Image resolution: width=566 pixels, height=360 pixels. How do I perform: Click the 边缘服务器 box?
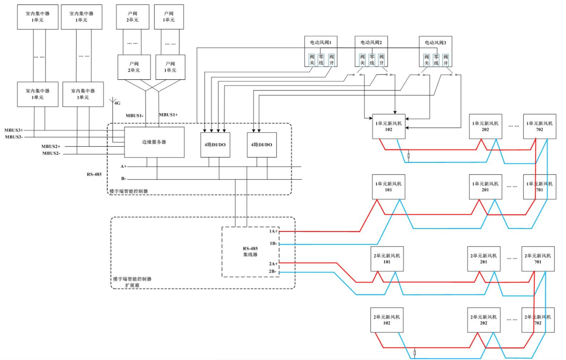click(x=154, y=142)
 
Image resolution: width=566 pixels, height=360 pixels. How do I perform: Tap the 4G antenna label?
click(x=118, y=103)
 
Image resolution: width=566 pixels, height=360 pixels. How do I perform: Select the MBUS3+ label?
click(x=14, y=130)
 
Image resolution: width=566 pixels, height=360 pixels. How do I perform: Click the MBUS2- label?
click(x=51, y=153)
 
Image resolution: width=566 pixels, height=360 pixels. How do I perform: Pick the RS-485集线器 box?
click(x=250, y=252)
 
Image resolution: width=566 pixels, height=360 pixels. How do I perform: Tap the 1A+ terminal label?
click(x=273, y=231)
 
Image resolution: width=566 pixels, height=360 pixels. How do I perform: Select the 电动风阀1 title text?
click(x=321, y=42)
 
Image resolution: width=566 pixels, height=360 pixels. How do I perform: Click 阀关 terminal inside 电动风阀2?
click(x=363, y=60)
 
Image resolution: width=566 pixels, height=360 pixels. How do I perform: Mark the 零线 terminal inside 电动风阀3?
click(x=436, y=60)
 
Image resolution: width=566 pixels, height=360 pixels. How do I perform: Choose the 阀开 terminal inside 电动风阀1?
click(x=331, y=60)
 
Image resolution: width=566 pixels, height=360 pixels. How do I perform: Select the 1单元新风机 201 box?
click(x=485, y=187)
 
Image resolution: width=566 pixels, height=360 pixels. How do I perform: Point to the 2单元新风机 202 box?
click(x=484, y=320)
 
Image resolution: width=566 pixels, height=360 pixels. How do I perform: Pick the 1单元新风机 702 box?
click(x=539, y=126)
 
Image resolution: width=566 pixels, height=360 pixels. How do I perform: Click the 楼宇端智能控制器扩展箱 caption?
click(x=132, y=282)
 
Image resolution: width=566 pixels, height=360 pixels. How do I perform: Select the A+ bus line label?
click(x=123, y=166)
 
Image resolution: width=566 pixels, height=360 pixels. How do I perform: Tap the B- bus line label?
click(x=123, y=179)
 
